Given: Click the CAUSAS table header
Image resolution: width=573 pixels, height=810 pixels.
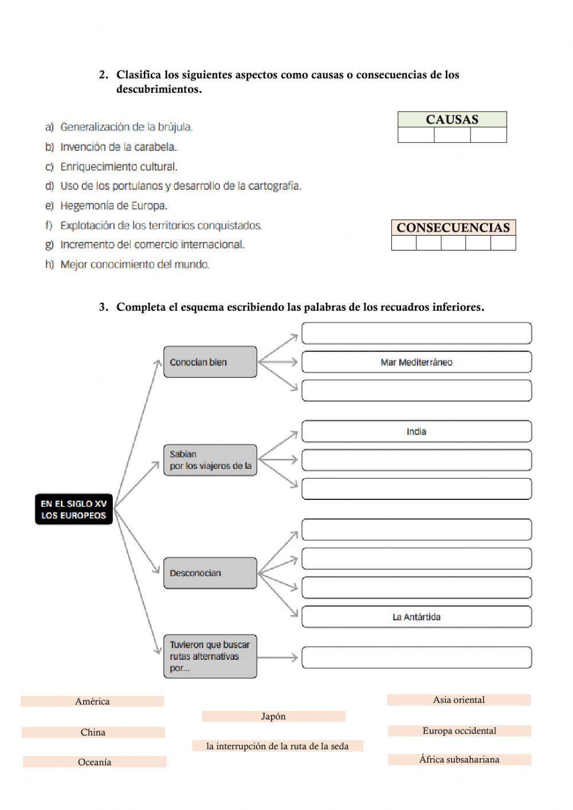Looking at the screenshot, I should [x=452, y=119].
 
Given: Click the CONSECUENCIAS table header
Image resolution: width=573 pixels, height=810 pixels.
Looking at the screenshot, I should [x=453, y=228].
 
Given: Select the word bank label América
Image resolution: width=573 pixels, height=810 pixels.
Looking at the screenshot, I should [x=92, y=701].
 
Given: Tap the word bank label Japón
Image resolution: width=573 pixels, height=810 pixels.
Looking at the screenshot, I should [x=273, y=716].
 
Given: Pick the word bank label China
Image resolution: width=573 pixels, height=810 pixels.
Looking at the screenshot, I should [x=93, y=732].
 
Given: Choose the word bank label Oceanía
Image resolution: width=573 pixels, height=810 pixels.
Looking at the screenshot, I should [x=95, y=762].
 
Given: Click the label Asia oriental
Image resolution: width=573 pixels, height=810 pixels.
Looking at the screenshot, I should [x=458, y=699].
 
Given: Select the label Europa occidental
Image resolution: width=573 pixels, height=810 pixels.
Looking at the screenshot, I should [x=459, y=730].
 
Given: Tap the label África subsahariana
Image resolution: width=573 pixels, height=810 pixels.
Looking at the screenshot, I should [x=459, y=760].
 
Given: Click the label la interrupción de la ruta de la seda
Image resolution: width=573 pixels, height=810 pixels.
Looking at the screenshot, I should [x=277, y=746].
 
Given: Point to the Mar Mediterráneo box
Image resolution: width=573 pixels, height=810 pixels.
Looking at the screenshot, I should [x=417, y=362].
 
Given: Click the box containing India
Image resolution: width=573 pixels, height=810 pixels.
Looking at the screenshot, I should [x=417, y=432].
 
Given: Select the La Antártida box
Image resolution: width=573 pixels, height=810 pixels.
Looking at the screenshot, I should [x=417, y=617].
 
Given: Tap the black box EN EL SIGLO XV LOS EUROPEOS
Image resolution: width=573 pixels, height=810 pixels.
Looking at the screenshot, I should [x=74, y=509].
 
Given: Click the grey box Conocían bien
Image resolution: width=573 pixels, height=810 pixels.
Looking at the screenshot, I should [x=210, y=362].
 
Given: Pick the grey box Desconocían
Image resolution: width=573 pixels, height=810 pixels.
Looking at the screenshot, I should [x=210, y=573].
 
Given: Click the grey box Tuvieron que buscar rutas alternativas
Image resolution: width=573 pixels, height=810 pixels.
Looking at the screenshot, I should [x=210, y=656].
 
